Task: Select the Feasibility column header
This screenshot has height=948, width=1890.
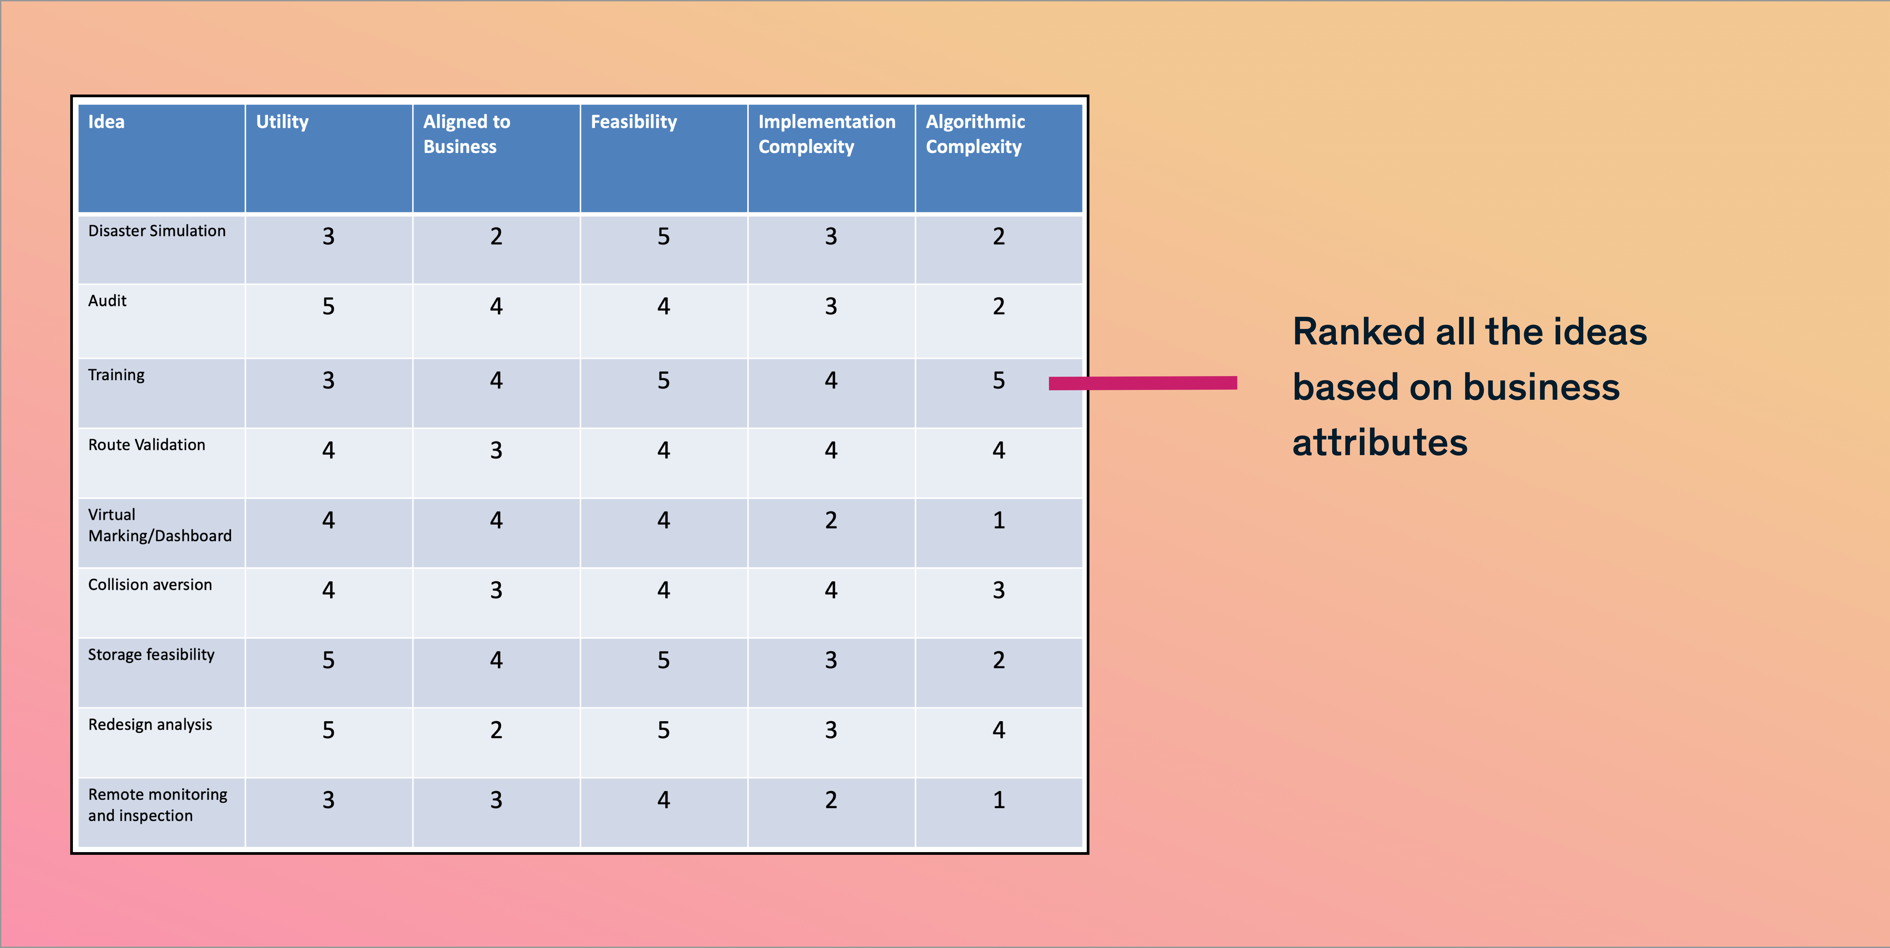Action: tap(634, 122)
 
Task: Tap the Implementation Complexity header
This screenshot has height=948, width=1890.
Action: tap(827, 134)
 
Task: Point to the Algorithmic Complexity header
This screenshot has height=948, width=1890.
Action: tap(975, 134)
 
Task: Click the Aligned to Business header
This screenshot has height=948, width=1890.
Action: tap(467, 134)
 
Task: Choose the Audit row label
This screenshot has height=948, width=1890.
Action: tap(107, 301)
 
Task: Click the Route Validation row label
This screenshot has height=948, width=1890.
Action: tap(147, 445)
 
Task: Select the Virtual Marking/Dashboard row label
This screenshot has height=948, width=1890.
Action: tap(160, 525)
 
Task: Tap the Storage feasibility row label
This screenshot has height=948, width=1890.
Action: tap(151, 655)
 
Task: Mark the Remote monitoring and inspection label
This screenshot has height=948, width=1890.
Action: tap(158, 805)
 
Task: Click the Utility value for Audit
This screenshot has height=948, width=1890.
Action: tap(329, 306)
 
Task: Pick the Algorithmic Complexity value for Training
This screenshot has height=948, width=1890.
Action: tap(999, 380)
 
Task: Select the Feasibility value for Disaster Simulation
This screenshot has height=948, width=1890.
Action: tap(663, 236)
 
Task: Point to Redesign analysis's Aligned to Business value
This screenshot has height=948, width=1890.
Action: tap(496, 730)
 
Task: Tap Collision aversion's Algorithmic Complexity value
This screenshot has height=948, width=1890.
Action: tap(999, 590)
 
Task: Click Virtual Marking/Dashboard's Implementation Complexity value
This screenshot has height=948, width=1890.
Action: tap(831, 520)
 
